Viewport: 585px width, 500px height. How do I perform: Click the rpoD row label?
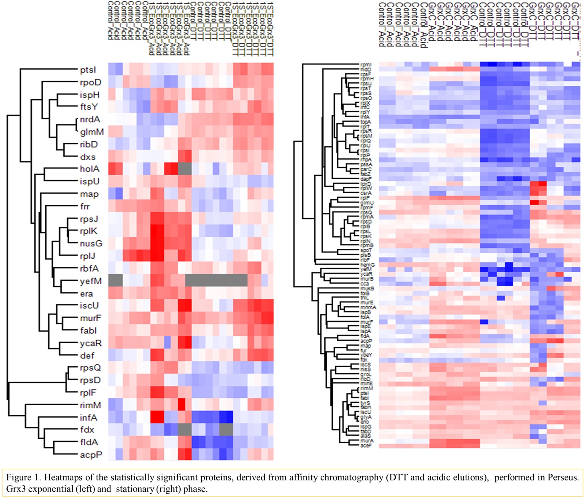click(90, 82)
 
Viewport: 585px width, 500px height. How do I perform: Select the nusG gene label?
click(90, 244)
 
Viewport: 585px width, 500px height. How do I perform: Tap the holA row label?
click(89, 169)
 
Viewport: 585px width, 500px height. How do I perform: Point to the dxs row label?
click(87, 157)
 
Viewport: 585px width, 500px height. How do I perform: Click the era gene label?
click(86, 294)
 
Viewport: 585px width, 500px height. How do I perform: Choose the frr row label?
click(84, 206)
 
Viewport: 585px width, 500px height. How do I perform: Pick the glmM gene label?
click(92, 132)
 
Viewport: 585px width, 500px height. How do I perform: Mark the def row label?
click(87, 356)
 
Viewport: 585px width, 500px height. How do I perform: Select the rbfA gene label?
click(89, 268)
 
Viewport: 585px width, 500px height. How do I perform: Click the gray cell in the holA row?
click(185, 169)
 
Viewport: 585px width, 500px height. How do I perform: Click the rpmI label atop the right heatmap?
click(366, 65)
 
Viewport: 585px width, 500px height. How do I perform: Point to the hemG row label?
click(367, 265)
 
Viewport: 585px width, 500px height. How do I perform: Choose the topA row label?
click(366, 122)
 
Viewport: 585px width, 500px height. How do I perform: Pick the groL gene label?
click(365, 374)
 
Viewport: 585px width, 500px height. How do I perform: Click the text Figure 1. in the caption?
click(23, 477)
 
